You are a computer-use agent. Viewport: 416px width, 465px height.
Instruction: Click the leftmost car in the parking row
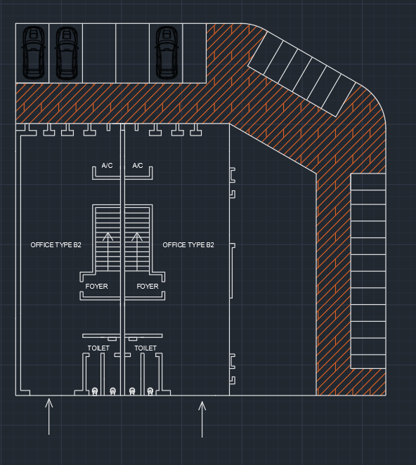coord(34,53)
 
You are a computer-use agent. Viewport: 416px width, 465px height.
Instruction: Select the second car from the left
coord(67,53)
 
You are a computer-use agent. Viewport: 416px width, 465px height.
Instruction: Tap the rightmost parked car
coord(167,53)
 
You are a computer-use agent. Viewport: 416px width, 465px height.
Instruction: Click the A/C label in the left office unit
coord(107,166)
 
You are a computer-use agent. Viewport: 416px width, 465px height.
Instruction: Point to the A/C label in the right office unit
coord(138,166)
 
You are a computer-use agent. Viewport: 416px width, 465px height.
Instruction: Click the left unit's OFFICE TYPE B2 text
coord(56,245)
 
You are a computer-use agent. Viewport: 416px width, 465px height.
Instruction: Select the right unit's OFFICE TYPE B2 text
coord(188,245)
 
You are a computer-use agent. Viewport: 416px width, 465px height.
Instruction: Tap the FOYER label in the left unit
coord(97,287)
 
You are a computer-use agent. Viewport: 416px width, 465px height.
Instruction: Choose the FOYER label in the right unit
coord(148,287)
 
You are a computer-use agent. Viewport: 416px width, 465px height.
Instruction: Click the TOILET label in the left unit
coord(98,348)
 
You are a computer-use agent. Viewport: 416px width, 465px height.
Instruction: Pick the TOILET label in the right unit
coord(145,348)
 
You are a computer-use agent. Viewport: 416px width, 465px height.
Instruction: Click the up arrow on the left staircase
coord(108,251)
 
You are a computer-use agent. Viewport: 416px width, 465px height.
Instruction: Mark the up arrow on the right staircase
coord(137,251)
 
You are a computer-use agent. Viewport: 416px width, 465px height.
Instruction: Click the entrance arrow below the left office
coord(49,417)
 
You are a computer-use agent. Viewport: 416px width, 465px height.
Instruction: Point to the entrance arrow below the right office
coord(202,419)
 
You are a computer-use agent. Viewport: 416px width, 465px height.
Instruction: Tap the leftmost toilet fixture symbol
coord(95,391)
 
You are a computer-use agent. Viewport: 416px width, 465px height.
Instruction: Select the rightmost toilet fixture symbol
coord(150,391)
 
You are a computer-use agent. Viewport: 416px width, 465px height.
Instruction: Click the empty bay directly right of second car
coord(99,53)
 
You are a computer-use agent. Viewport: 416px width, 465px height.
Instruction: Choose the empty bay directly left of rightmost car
coord(132,53)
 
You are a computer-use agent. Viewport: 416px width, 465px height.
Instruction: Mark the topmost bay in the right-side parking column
coord(368,182)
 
